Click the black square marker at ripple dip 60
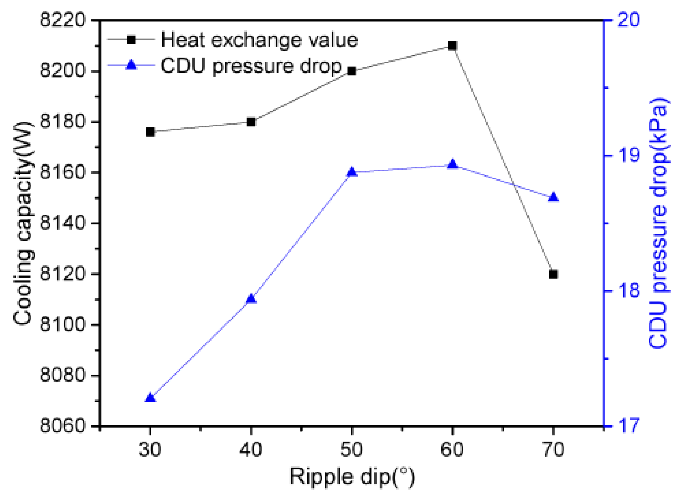click(452, 46)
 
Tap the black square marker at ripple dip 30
click(150, 132)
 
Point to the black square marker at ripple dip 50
click(352, 71)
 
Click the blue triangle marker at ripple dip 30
click(150, 398)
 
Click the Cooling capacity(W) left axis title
click(23, 223)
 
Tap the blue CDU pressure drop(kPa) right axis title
click(658, 223)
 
